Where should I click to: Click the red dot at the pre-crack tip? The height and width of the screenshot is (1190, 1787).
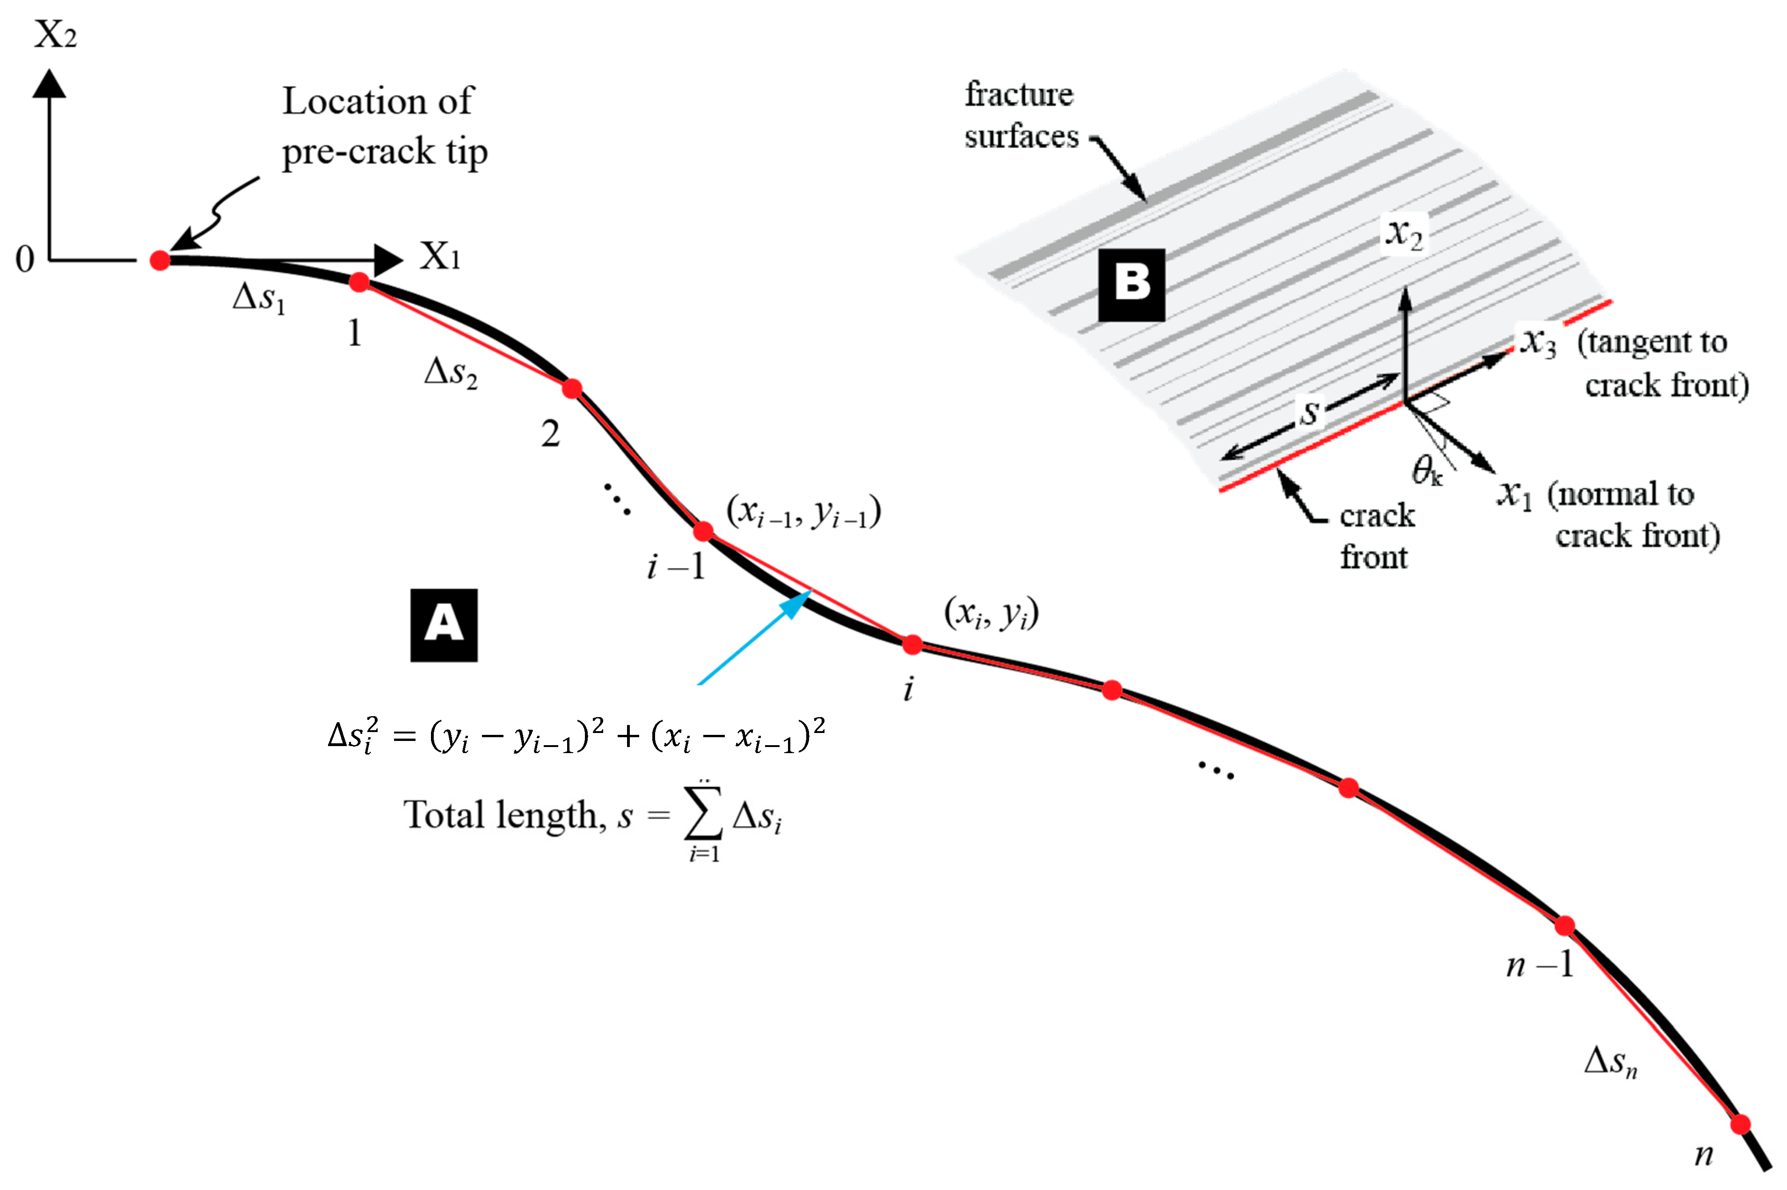coord(160,260)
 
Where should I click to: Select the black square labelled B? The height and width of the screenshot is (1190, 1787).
coord(1131,284)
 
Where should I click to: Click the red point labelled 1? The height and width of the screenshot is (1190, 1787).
coord(359,283)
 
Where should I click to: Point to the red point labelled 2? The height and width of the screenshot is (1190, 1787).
coord(572,389)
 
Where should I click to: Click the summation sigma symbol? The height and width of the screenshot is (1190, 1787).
coord(703,816)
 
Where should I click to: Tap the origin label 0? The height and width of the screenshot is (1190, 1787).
coord(25,260)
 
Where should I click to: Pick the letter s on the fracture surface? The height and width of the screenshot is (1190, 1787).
coord(1310,412)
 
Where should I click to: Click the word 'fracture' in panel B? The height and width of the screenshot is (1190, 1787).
coord(1019,95)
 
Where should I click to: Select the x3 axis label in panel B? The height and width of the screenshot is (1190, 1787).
coord(1537,342)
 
